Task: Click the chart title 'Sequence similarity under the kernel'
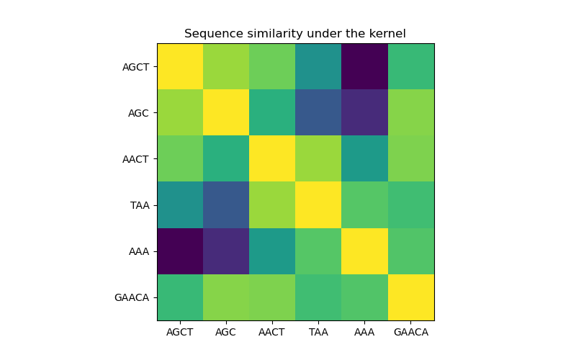pyautogui.click(x=295, y=34)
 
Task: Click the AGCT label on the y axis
pyautogui.click(x=135, y=67)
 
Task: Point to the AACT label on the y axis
pyautogui.click(x=135, y=159)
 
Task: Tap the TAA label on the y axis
pyautogui.click(x=140, y=205)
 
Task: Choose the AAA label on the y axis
pyautogui.click(x=139, y=251)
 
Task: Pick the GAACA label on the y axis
pyautogui.click(x=132, y=297)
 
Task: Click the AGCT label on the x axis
pyautogui.click(x=180, y=332)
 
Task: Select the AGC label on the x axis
pyautogui.click(x=226, y=332)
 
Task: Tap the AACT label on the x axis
pyautogui.click(x=272, y=332)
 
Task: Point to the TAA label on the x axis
pyautogui.click(x=318, y=332)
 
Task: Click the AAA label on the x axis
pyautogui.click(x=364, y=332)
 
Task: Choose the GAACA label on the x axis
pyautogui.click(x=410, y=332)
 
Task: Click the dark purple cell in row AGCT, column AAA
pyautogui.click(x=364, y=66)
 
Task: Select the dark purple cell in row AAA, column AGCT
pyautogui.click(x=180, y=251)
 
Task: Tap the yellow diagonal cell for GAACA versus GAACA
pyautogui.click(x=410, y=297)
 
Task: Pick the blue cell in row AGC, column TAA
pyautogui.click(x=318, y=112)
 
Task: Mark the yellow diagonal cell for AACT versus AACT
pyautogui.click(x=272, y=158)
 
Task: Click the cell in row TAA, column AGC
pyautogui.click(x=226, y=205)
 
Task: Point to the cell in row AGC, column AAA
pyautogui.click(x=364, y=112)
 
